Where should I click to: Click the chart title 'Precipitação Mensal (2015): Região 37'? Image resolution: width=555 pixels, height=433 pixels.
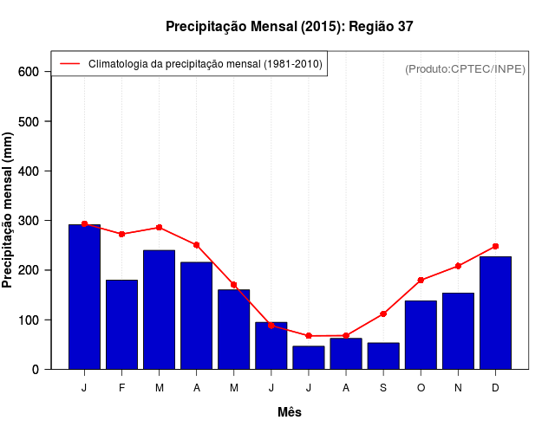coord(289,27)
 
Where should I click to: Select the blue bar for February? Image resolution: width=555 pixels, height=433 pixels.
coord(121,325)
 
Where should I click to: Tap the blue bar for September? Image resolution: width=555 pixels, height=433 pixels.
coord(383,356)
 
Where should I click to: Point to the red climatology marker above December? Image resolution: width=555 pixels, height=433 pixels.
coord(495,246)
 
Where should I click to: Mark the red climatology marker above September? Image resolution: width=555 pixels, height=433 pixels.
coord(383,313)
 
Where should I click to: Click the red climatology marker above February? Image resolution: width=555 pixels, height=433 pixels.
coord(121,234)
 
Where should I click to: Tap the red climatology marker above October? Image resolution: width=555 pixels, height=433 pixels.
coord(421,280)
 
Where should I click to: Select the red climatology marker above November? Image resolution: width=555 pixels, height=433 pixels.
coord(458,266)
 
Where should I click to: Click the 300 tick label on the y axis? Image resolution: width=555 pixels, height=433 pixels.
coord(29,221)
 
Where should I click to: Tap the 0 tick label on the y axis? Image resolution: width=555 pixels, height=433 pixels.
coord(35,370)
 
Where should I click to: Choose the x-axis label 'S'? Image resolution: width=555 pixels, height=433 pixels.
coord(383,388)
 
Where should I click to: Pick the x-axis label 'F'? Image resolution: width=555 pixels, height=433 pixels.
coord(121,388)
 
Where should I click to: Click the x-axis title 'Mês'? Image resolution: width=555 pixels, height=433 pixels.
coord(290,412)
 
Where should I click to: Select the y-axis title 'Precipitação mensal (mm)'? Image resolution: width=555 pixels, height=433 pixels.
coord(9,210)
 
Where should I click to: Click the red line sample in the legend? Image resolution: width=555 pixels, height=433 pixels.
coord(69,63)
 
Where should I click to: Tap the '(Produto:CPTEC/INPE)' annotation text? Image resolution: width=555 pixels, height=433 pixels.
coord(465,68)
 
